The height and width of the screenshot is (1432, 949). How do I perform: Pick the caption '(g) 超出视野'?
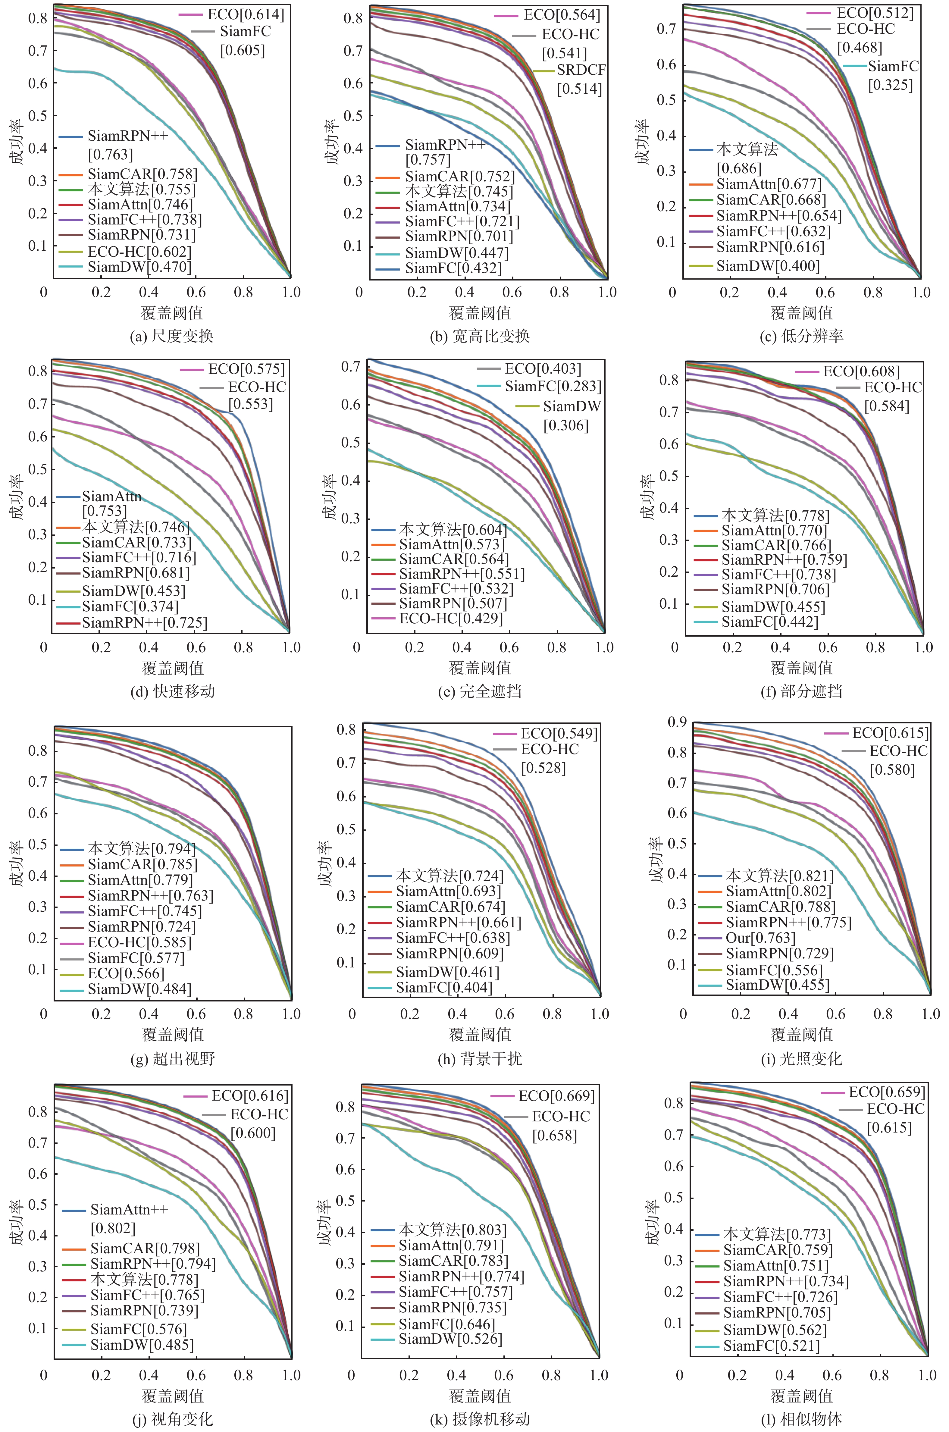pyautogui.click(x=173, y=1059)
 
